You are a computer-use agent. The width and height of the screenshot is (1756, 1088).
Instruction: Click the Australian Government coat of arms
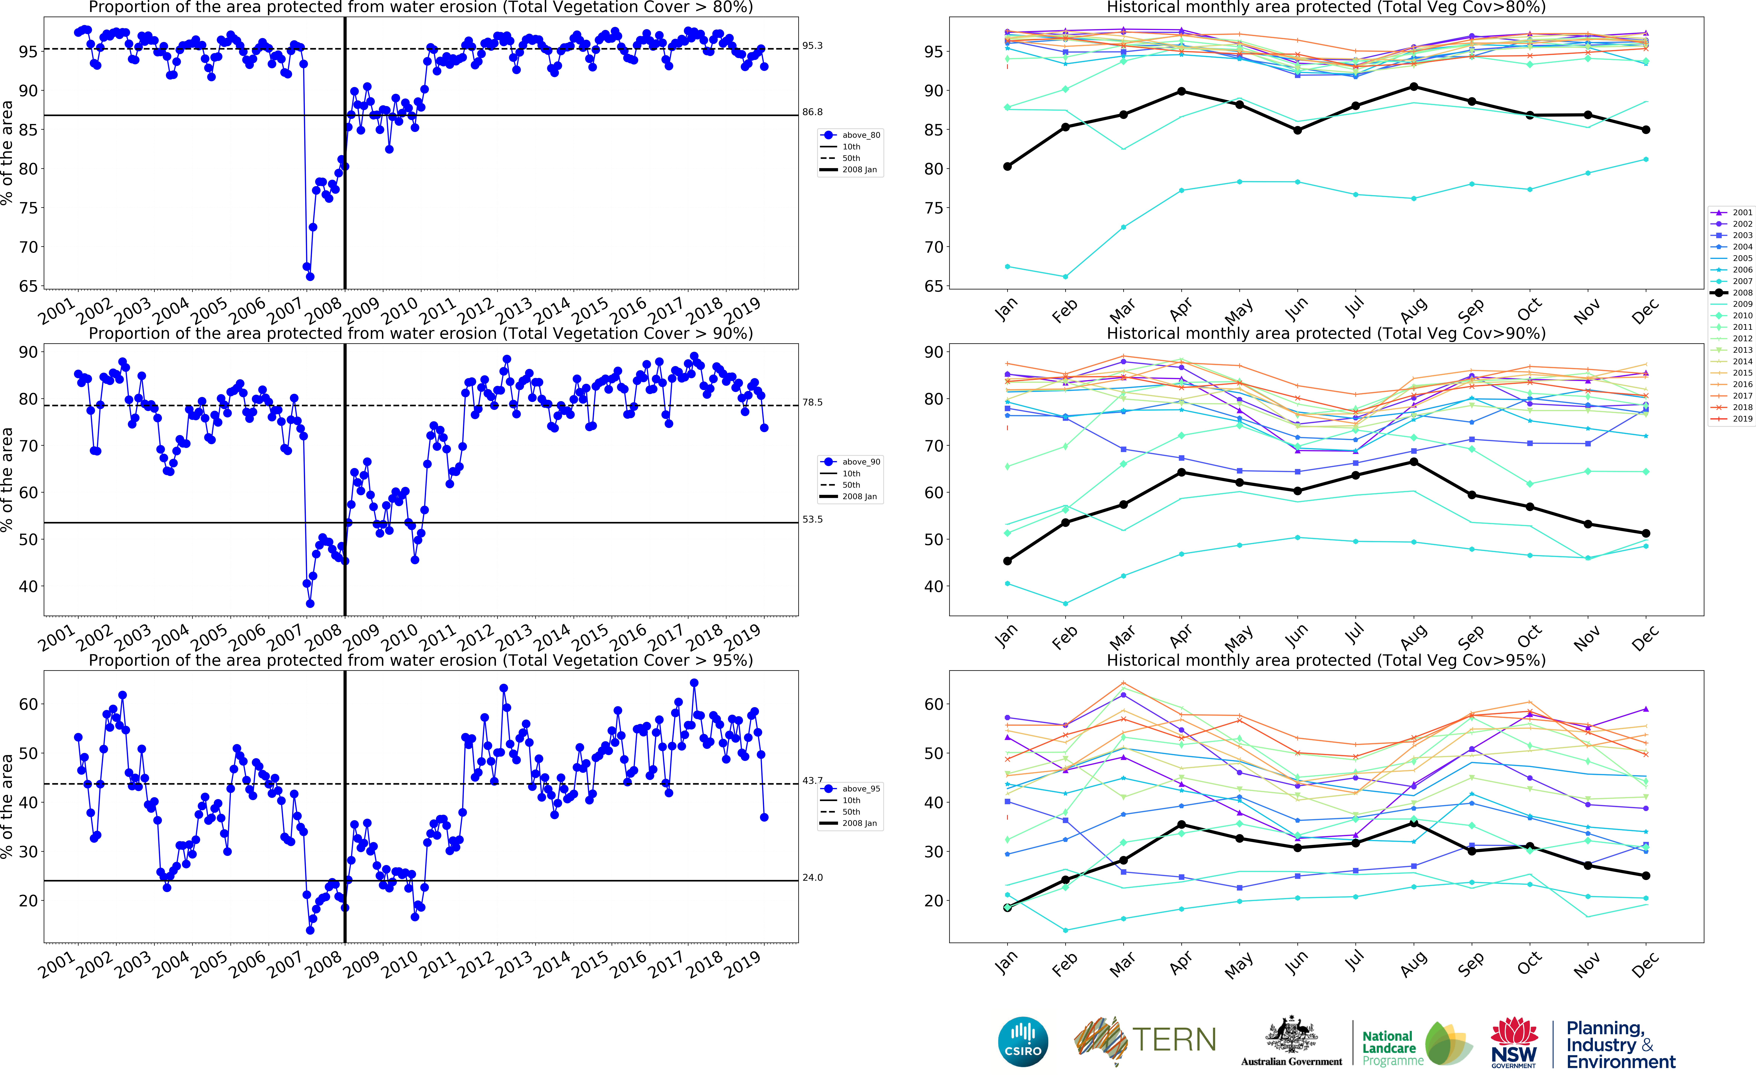[x=1291, y=1036]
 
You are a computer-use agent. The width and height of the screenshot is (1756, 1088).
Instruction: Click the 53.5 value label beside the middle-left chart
[x=812, y=520]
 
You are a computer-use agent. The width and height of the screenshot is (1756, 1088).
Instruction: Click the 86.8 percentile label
[x=812, y=112]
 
